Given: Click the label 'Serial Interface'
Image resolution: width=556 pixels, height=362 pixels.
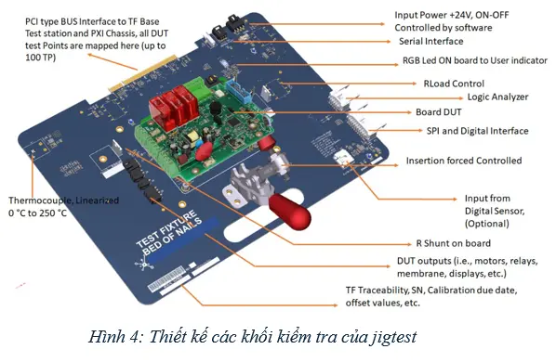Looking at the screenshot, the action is click(x=430, y=42).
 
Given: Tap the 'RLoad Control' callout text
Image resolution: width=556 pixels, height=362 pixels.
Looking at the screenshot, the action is click(x=454, y=84).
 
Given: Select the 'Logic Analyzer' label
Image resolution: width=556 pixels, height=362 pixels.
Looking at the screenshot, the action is click(x=497, y=97).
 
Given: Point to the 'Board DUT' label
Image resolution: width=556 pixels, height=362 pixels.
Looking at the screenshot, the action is click(x=438, y=112).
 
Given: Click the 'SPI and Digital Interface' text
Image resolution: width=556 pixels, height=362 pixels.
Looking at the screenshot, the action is click(x=477, y=131).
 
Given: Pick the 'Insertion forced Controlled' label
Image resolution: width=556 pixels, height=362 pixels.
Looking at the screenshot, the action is click(x=464, y=161).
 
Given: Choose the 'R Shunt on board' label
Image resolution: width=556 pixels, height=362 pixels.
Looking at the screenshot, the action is click(x=453, y=243).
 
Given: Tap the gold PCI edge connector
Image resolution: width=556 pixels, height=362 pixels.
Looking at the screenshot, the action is click(x=142, y=73).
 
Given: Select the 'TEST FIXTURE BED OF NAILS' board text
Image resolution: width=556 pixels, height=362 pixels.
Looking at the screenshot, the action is click(x=169, y=232).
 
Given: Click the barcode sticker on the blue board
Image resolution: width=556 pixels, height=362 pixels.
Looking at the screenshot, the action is click(x=166, y=278).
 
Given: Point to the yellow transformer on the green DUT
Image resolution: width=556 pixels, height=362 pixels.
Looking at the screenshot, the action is click(x=192, y=136).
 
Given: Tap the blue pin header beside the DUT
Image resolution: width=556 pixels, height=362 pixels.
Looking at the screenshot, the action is click(x=239, y=90).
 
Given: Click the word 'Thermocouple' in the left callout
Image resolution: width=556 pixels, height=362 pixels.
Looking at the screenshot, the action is click(x=36, y=200).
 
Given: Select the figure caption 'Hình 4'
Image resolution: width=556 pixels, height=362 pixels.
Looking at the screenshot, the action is click(x=113, y=337).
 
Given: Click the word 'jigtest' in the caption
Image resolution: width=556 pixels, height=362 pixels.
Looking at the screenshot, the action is click(x=393, y=337).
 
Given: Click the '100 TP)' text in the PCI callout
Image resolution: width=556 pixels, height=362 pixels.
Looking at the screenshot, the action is click(x=40, y=58).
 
